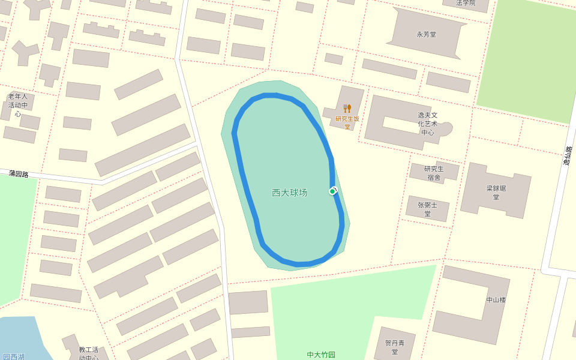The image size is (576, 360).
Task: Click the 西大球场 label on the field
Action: pos(289,193)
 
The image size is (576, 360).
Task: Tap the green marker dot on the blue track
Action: pos(332,191)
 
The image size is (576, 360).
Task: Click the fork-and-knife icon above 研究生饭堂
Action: pos(347,109)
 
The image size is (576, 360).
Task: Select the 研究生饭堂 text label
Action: pos(347,122)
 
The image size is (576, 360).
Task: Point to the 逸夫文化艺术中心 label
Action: pos(428,124)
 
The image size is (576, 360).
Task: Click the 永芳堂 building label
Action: pos(427,34)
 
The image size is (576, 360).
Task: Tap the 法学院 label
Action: pos(465,3)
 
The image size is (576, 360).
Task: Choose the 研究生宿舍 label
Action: pos(434,173)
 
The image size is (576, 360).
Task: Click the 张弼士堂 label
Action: pos(428,209)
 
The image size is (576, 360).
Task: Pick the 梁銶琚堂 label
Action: pos(496,193)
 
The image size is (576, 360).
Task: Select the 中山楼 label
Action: pos(496,300)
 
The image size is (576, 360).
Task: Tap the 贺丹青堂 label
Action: pos(395,347)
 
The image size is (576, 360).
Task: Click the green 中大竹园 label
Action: pos(321,355)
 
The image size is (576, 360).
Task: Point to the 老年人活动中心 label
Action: pos(18,105)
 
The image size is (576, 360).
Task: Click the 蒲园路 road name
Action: pos(19,173)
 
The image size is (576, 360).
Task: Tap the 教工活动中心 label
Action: pos(88,353)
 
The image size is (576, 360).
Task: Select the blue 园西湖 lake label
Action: pos(13,356)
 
